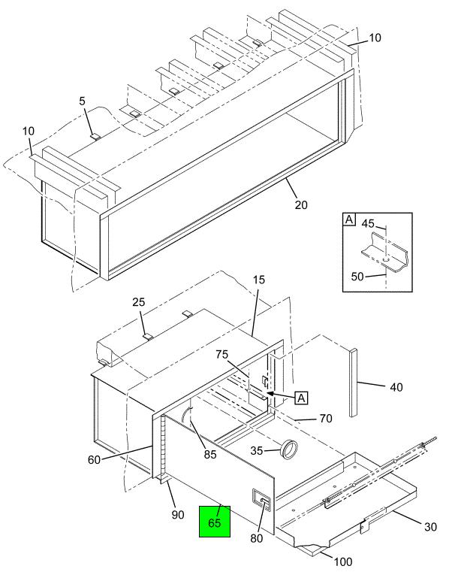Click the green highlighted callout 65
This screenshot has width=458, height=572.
(215, 523)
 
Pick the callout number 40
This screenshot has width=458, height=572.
(396, 387)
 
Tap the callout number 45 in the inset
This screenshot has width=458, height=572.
(369, 222)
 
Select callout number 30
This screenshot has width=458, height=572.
(429, 527)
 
